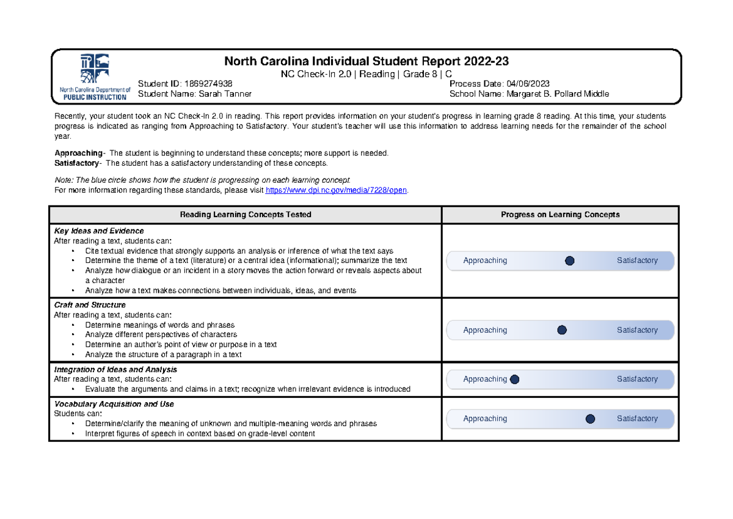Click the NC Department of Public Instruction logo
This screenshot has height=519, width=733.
click(x=94, y=77)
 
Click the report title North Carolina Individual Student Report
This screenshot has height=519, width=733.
click(x=366, y=61)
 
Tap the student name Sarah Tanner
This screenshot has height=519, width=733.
click(x=224, y=94)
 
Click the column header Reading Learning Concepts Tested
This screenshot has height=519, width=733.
click(x=245, y=215)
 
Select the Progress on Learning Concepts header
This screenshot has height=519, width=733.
click(x=560, y=215)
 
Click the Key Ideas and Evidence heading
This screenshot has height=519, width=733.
click(x=99, y=231)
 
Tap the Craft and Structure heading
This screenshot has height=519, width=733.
click(x=90, y=305)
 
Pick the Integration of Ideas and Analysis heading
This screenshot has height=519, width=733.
click(x=115, y=370)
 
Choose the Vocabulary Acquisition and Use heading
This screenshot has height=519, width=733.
click(x=114, y=404)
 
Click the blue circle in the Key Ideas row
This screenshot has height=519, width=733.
click(x=570, y=261)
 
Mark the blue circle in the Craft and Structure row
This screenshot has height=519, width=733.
click(x=562, y=330)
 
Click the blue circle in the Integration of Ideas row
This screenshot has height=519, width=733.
click(x=514, y=379)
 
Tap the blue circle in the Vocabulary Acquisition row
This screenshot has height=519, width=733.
click(x=590, y=419)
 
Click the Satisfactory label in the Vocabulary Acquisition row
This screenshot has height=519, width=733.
click(x=637, y=419)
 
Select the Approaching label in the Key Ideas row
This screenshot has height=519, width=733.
click(x=485, y=261)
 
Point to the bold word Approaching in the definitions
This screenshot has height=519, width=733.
click(x=78, y=153)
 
